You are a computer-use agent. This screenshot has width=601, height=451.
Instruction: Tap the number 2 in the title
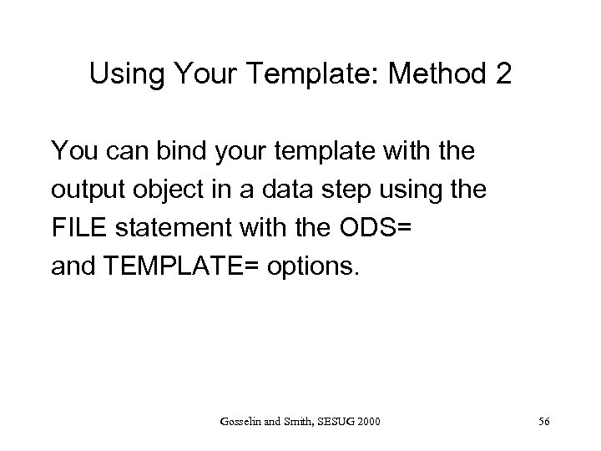(501, 75)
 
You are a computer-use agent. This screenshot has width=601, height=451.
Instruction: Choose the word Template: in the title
(299, 75)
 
